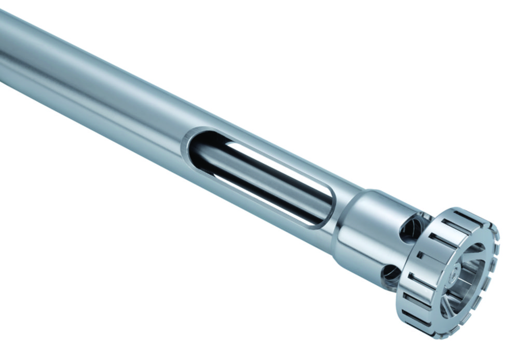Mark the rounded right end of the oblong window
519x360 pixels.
[326, 210]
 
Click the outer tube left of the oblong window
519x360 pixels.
[104, 93]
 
